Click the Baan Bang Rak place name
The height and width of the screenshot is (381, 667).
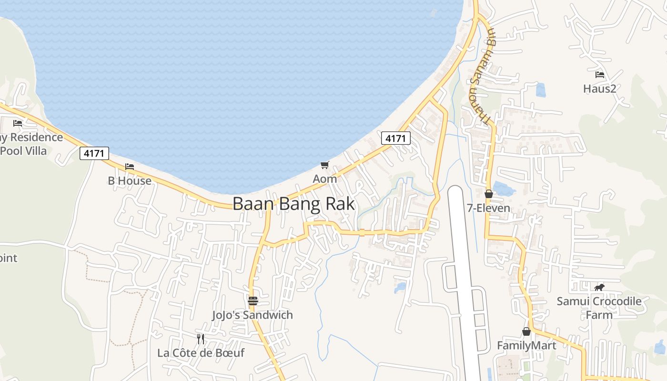coord(293,204)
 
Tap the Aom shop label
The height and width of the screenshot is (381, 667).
coord(324,179)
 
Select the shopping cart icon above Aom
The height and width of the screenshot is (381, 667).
coord(324,165)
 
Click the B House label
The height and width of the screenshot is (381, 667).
coord(130,181)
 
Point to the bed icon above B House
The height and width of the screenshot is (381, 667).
coord(130,167)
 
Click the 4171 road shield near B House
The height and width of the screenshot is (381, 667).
coord(94,153)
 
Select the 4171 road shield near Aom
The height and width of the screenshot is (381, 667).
coord(395,139)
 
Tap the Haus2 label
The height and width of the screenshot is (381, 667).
coord(599,89)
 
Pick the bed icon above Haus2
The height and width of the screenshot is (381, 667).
coord(599,75)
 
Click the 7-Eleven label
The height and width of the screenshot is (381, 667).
coord(488,208)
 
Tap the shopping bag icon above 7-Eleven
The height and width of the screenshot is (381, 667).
coord(488,194)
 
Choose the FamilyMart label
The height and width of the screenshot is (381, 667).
coord(526,345)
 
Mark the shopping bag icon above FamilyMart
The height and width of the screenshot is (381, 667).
coord(526,331)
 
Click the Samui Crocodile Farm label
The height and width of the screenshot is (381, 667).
coord(599,308)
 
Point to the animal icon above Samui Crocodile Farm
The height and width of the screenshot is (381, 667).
coord(599,287)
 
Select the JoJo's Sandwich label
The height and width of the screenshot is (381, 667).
coord(253,315)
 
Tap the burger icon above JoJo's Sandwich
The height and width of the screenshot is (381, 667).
coord(253,301)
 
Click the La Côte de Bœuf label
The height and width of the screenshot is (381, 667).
coord(201,353)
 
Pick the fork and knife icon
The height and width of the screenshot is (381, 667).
coord(201,339)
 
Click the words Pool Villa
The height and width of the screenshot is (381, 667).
coord(24,151)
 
